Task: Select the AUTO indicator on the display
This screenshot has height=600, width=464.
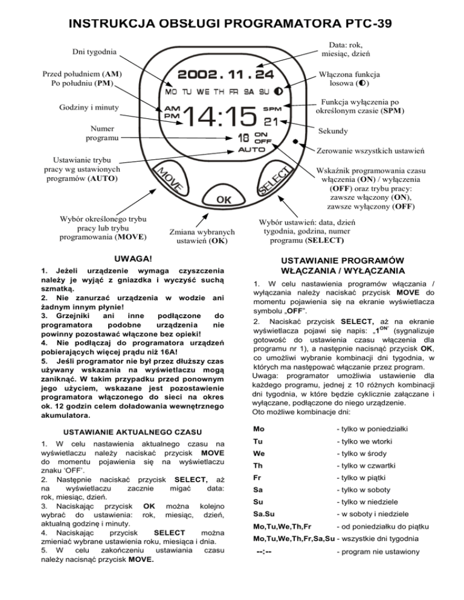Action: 252,148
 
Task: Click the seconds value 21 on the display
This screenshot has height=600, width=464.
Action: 271,123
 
